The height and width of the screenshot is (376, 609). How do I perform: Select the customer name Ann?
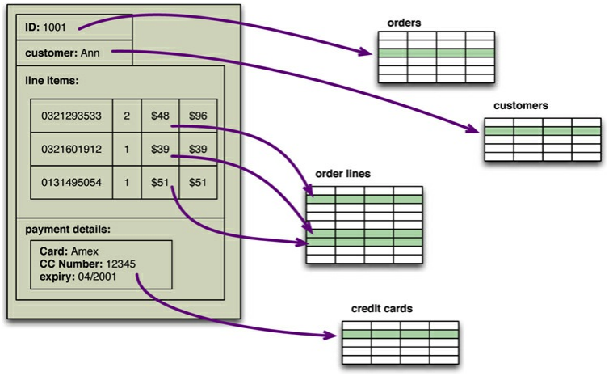point(90,53)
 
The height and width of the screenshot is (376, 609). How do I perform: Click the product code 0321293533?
point(72,116)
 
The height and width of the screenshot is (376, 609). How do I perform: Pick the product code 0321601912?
point(72,149)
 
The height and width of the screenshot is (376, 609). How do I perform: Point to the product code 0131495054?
point(72,183)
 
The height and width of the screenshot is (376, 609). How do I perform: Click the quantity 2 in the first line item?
point(127,116)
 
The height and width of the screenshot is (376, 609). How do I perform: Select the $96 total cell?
point(198,116)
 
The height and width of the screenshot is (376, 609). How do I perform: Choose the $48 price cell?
point(159,116)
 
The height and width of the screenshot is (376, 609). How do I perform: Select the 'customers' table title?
point(522,106)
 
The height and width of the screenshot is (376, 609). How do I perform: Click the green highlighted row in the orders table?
point(436,53)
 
